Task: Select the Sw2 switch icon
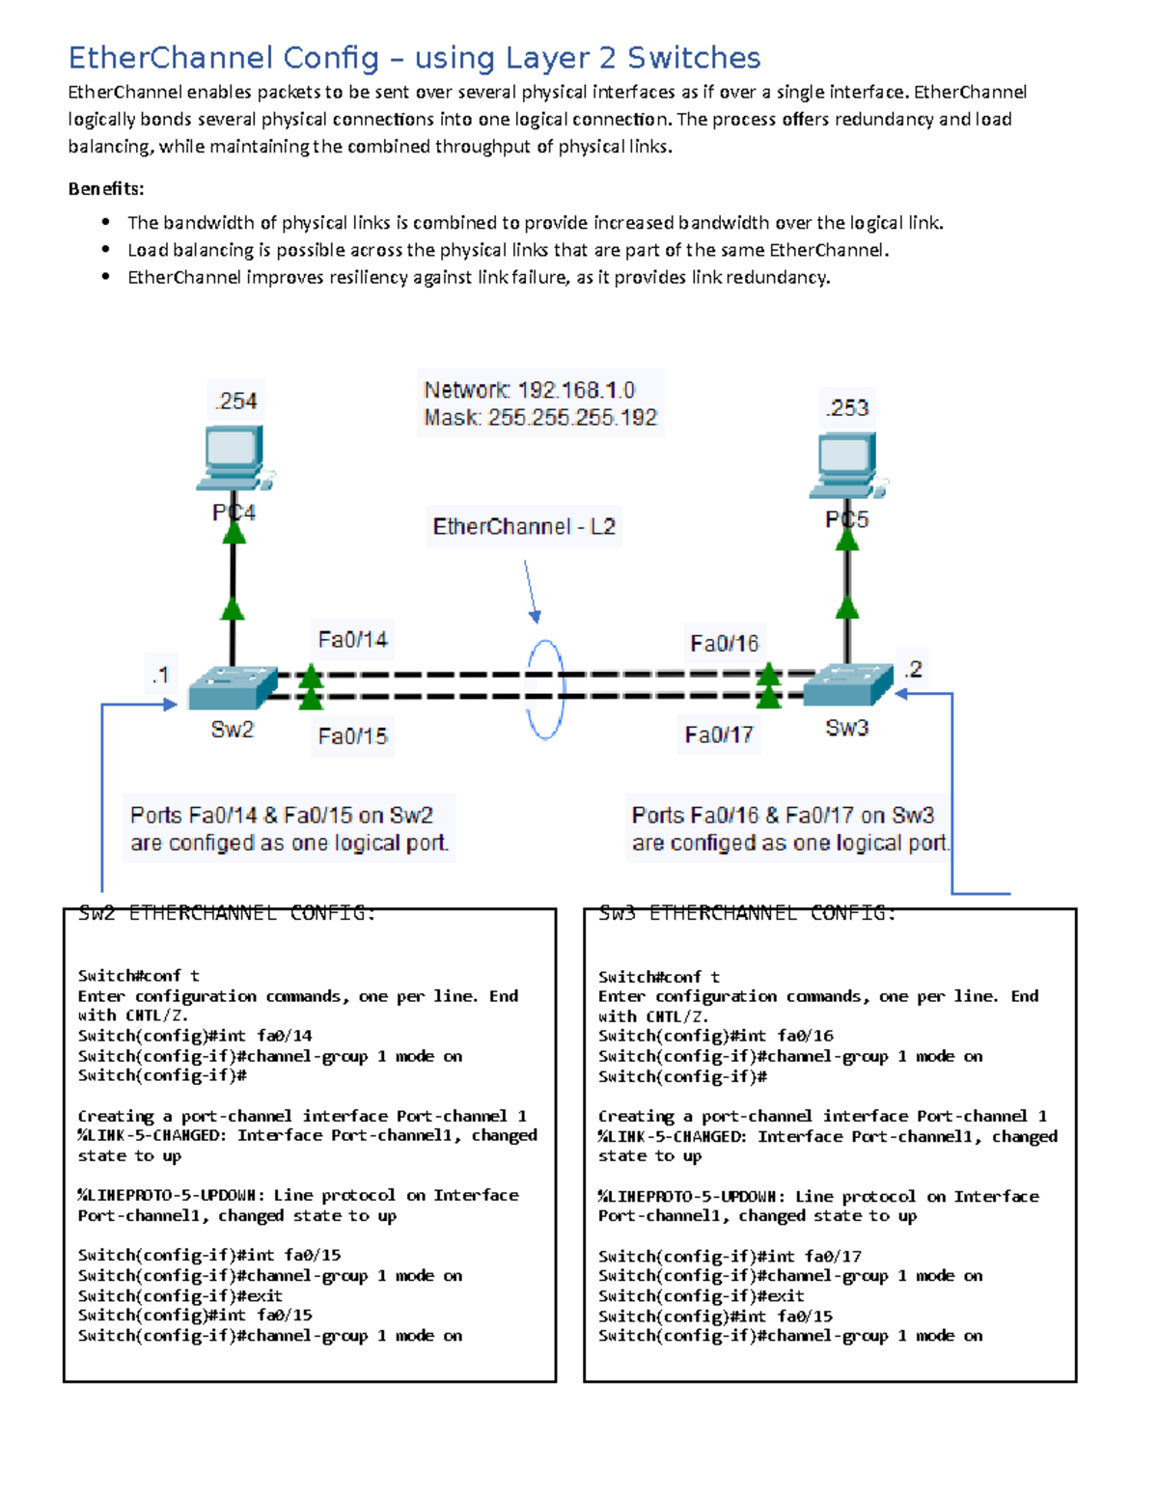[x=233, y=687]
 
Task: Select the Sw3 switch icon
[x=847, y=684]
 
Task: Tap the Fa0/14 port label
[x=352, y=639]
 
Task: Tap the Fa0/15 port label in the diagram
[x=352, y=736]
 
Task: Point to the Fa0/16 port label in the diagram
[x=724, y=644]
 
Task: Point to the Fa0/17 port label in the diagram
[x=718, y=736]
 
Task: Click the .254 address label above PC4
[x=235, y=401]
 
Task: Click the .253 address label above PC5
[x=847, y=407]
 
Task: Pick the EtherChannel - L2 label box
[x=524, y=527]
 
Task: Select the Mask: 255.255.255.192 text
[x=540, y=418]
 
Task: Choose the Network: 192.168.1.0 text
[x=529, y=390]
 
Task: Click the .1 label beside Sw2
[x=160, y=675]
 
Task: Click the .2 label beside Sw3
[x=913, y=669]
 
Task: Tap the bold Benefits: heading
[x=106, y=189]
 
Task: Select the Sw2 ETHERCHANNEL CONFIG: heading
[x=226, y=913]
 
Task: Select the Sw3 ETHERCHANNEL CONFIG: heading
[x=747, y=913]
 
